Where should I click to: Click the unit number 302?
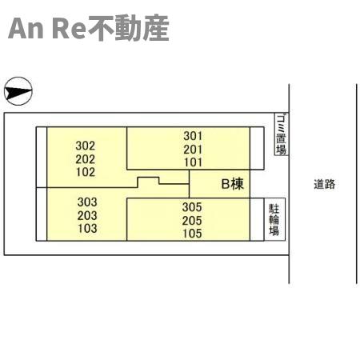(86, 146)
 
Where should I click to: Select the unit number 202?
(86, 159)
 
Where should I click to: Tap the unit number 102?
(86, 172)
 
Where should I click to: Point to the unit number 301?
(193, 136)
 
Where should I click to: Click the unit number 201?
(193, 150)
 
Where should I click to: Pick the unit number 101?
(193, 162)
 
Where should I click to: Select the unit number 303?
(87, 202)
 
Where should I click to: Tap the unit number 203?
(87, 215)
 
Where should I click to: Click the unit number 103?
(87, 229)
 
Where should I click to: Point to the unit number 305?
(192, 207)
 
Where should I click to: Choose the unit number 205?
(192, 221)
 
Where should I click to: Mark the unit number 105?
(192, 234)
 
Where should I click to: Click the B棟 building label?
(233, 184)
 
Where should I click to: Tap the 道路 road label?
(324, 184)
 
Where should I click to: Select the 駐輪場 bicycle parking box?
(274, 219)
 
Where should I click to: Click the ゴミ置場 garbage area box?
(282, 134)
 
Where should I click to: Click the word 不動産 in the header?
(129, 28)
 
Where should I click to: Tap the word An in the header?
(26, 29)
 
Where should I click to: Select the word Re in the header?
(70, 29)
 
